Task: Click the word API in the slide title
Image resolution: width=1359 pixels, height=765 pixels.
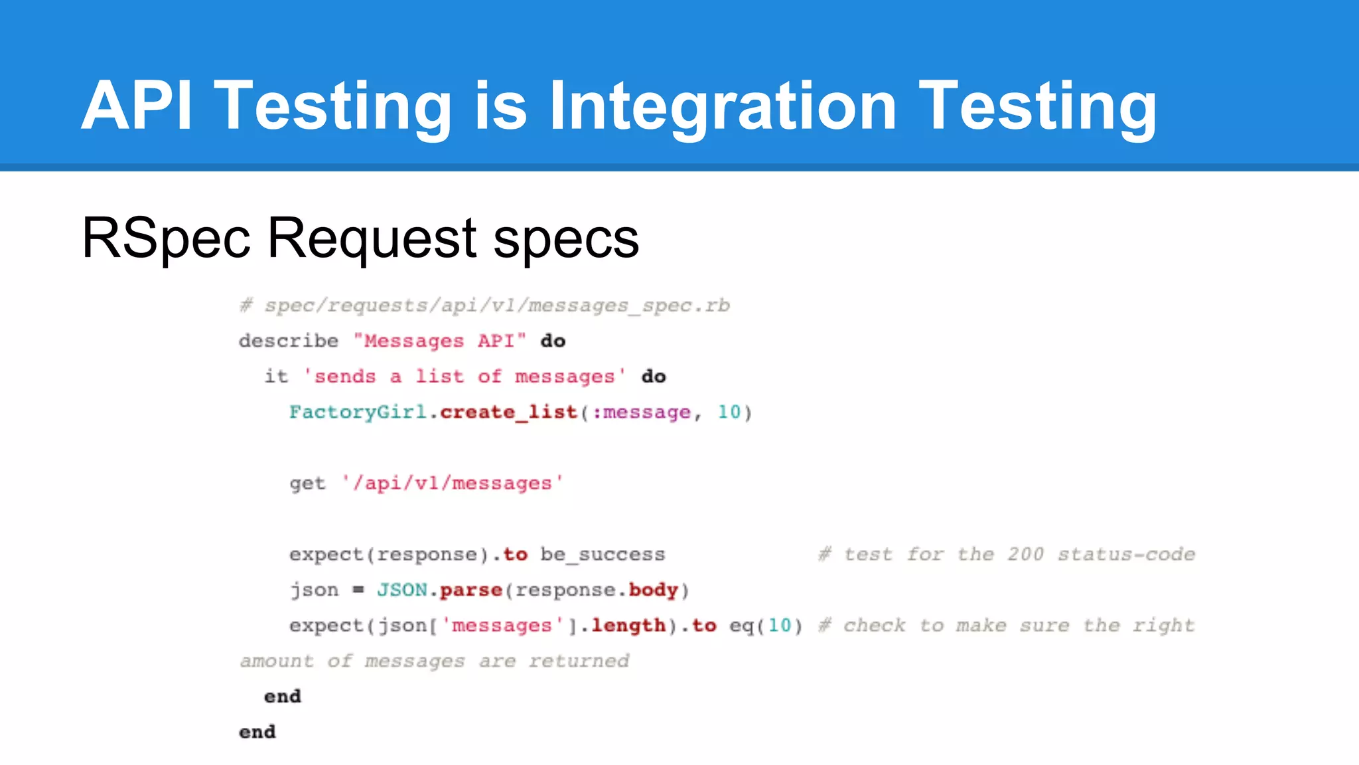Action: [137, 106]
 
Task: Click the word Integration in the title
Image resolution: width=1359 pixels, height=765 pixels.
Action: [723, 106]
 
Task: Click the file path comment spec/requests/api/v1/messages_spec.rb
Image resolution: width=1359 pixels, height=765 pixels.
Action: [496, 305]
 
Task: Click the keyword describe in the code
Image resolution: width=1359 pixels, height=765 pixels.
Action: [289, 341]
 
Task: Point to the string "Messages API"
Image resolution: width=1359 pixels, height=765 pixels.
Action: [439, 341]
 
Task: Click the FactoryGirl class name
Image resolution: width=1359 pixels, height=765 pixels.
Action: [358, 412]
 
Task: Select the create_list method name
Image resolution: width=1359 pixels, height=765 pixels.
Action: [508, 412]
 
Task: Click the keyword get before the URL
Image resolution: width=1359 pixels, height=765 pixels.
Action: [307, 483]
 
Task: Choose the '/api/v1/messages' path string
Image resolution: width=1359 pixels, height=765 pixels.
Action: [453, 483]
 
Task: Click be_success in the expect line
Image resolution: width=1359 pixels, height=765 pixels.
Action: [603, 554]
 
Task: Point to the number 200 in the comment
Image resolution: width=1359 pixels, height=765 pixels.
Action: [1025, 554]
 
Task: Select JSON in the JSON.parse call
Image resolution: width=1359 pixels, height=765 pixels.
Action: [402, 590]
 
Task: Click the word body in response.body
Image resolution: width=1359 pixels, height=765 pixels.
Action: [653, 590]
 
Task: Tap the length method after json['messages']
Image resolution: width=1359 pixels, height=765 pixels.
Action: [628, 626]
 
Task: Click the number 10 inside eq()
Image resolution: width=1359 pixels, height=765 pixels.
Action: [780, 626]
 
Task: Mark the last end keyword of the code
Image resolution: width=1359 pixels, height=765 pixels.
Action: [257, 732]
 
